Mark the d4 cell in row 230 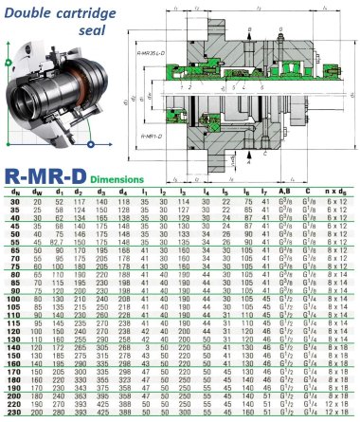pyautogui.click(x=123, y=413)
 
